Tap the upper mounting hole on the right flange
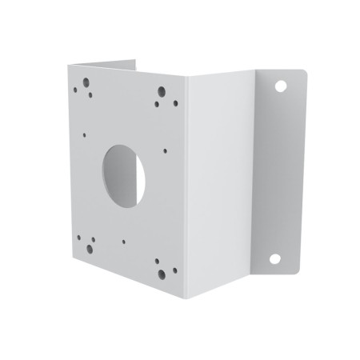(x=281, y=85)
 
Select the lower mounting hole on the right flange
(x=274, y=258)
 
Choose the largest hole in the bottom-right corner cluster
(x=162, y=274)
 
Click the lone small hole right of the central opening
(x=165, y=149)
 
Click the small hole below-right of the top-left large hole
(x=90, y=95)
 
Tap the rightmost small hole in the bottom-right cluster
(x=171, y=270)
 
